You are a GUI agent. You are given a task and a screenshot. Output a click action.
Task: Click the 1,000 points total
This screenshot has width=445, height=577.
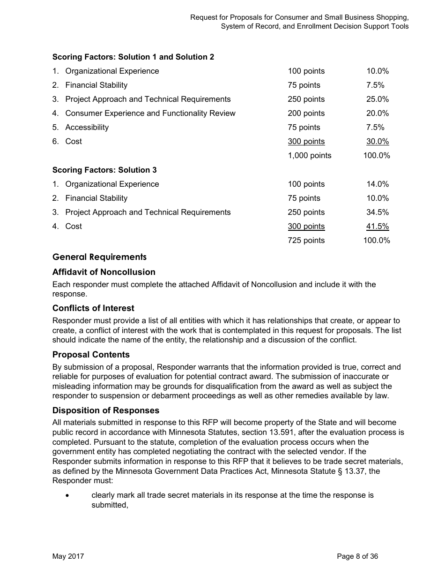pos(309,156)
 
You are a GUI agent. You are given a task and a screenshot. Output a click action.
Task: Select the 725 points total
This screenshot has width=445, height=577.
pos(306,241)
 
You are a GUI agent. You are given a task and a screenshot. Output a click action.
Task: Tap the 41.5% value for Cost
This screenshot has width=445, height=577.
pos(377,227)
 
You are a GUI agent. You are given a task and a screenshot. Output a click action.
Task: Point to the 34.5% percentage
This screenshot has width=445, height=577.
pos(377,213)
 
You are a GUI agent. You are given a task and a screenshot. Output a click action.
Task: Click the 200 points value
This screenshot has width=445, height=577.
pos(306,114)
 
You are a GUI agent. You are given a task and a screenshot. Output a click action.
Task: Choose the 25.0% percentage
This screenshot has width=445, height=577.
pos(377,99)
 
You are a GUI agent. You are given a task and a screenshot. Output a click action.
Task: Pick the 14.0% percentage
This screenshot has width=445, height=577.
pos(377,184)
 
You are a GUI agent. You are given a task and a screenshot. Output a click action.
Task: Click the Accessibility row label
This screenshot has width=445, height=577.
pos(87,128)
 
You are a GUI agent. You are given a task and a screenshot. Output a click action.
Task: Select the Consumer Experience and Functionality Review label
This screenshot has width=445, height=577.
pos(150,114)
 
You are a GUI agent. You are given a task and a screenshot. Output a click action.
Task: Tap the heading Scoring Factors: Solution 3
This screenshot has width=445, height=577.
pos(104,170)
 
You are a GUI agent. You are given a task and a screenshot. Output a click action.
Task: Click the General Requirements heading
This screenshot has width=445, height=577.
pos(99,257)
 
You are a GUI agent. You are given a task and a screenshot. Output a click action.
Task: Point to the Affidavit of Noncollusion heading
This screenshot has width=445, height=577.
pos(104,272)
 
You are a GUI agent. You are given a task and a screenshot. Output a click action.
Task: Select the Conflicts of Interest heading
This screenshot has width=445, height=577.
pos(93,308)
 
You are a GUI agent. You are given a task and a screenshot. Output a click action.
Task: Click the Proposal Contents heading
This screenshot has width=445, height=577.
pos(91,355)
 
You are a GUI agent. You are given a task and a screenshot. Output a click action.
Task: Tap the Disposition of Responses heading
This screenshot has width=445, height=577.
pos(106,410)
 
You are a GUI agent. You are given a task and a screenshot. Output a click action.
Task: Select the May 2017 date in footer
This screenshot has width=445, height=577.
pos(68,556)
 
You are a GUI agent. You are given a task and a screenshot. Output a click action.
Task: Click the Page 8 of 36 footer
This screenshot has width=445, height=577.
pos(357,556)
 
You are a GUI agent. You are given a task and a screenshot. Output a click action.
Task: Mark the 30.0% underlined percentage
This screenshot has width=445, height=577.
pos(377,142)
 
